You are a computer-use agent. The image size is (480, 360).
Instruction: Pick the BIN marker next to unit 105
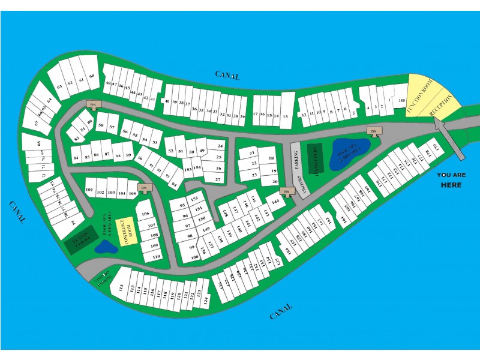[143, 188]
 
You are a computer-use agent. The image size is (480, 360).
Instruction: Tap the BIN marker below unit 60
[93, 104]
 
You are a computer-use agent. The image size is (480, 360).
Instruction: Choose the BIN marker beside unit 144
[287, 192]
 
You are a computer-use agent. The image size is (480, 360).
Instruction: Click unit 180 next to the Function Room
[401, 100]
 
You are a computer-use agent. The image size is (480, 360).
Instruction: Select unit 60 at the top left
[91, 77]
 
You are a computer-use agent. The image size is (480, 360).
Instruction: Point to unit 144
[275, 202]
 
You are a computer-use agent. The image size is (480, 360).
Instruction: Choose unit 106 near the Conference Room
[145, 213]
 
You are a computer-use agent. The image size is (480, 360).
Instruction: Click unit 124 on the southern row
[205, 298]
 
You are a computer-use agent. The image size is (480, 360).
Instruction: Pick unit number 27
[218, 179]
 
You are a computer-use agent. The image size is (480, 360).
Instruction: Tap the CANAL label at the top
[227, 76]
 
